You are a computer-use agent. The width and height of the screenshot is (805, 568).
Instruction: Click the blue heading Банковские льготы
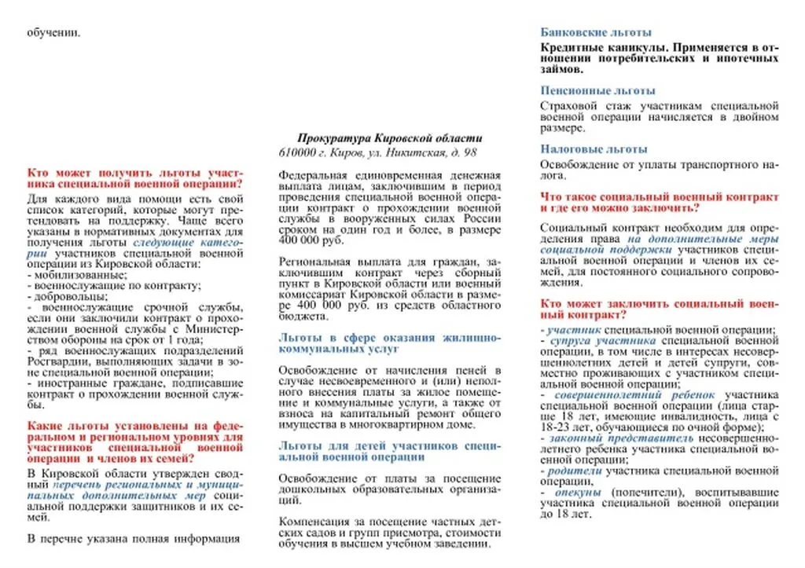click(596, 32)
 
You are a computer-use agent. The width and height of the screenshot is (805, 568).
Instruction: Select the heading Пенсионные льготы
click(597, 90)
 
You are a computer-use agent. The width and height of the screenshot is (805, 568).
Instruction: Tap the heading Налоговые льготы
click(594, 148)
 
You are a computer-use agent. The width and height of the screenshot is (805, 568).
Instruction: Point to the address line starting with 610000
click(377, 152)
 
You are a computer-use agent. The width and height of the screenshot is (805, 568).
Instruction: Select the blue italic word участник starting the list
click(574, 330)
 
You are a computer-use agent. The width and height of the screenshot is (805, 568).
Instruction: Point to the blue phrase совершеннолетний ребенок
click(634, 395)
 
